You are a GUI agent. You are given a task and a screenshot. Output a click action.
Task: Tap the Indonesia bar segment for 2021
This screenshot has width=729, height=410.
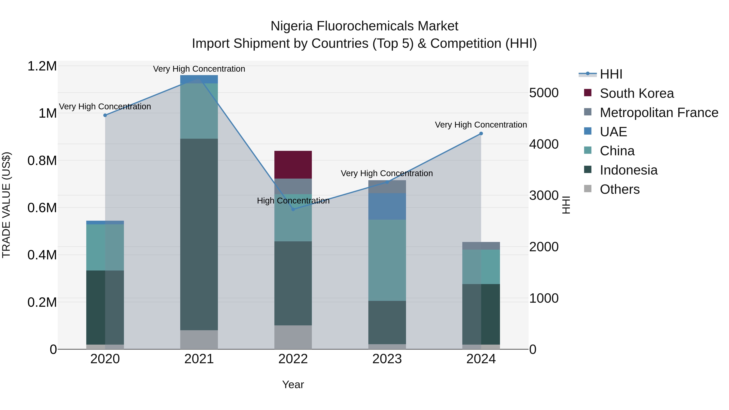click(x=199, y=234)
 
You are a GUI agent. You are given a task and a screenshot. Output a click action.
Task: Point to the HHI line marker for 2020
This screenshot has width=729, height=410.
click(x=105, y=115)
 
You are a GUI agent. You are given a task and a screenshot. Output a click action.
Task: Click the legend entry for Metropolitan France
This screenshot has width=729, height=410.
click(x=659, y=113)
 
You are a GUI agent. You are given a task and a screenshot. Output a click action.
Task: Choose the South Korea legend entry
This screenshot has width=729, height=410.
click(x=637, y=93)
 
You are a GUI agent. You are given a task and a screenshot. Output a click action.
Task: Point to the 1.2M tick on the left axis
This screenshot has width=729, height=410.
click(x=42, y=66)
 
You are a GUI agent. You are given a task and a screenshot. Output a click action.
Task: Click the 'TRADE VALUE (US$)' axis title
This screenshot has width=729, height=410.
click(x=6, y=205)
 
